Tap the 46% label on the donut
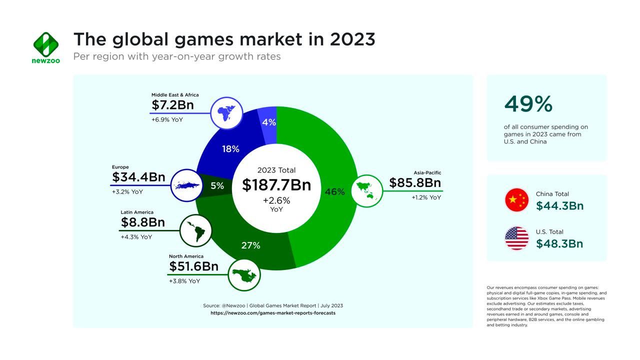tap(334, 191)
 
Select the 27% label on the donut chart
tap(250, 245)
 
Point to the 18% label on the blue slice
tap(230, 149)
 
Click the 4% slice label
tap(269, 122)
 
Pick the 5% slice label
tap(217, 186)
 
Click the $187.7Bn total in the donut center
tap(276, 185)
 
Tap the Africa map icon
tap(226, 113)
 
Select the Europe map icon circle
tap(186, 185)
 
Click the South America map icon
tap(195, 230)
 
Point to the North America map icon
tap(244, 274)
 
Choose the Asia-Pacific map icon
tap(367, 190)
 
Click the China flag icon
tap(517, 200)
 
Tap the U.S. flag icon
tap(517, 238)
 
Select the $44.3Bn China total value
tap(559, 205)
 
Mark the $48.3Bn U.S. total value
tap(559, 243)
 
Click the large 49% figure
tap(528, 104)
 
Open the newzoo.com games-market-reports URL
tap(273, 313)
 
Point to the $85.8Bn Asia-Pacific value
tap(415, 183)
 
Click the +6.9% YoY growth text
tap(167, 120)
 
